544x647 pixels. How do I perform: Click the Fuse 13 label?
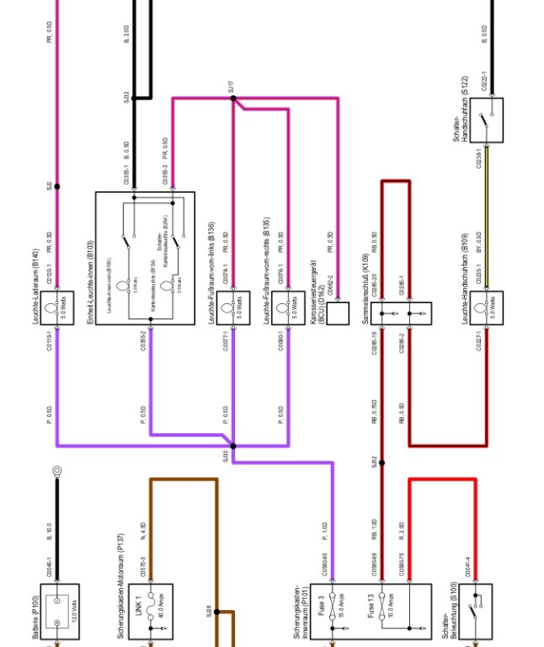(x=371, y=609)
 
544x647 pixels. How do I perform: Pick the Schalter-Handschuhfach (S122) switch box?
(x=486, y=119)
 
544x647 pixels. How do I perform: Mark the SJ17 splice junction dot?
(x=233, y=98)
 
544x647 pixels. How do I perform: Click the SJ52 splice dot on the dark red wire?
(x=381, y=463)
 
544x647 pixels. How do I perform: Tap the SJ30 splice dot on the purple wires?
(x=233, y=446)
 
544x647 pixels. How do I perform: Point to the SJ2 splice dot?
(x=58, y=186)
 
